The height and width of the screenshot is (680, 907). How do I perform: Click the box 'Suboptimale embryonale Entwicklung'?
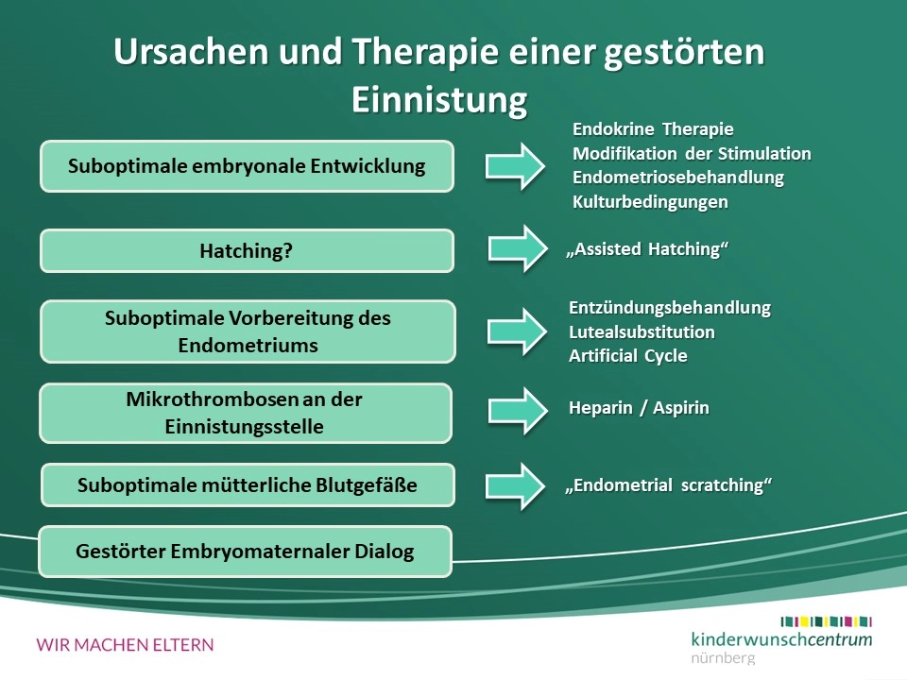[x=247, y=166]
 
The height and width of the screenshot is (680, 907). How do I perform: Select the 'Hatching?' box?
[x=247, y=251]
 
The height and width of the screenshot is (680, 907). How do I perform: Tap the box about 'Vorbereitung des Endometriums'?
[x=248, y=331]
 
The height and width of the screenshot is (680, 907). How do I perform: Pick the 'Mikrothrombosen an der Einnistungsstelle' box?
[x=246, y=413]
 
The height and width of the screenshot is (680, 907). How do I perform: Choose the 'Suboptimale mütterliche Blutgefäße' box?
[x=248, y=484]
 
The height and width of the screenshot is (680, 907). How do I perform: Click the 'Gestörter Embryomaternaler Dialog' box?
[x=246, y=551]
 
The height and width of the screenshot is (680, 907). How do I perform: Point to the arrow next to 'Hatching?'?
[x=518, y=248]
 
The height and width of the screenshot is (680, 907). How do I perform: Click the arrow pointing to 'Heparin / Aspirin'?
[x=518, y=411]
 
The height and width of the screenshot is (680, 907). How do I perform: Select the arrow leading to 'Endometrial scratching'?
[x=516, y=486]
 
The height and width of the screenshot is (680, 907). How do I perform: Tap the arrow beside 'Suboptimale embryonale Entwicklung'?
[x=516, y=166]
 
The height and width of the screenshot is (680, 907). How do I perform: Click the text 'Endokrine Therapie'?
[x=653, y=129]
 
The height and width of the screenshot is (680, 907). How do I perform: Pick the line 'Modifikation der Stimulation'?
[x=692, y=154]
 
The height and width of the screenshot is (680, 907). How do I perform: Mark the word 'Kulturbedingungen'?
[x=650, y=202]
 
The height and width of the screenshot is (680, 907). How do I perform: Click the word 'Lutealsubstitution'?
[x=642, y=331]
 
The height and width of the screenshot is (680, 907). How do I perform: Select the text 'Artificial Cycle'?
[x=628, y=356]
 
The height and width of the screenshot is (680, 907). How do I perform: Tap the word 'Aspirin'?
[x=681, y=408]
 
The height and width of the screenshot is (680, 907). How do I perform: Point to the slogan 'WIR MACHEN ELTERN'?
[x=125, y=645]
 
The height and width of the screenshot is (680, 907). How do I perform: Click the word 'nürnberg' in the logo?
[x=723, y=658]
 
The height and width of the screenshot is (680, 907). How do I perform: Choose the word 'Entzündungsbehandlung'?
[x=670, y=308]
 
